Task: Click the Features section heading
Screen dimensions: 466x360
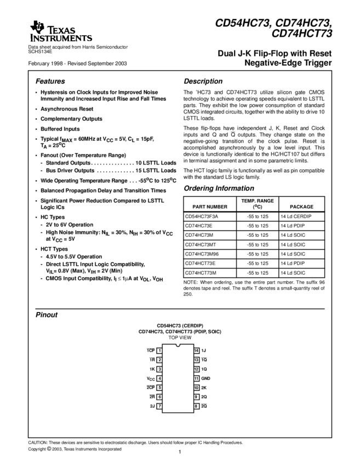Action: click(50, 81)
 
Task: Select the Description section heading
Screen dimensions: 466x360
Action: click(203, 81)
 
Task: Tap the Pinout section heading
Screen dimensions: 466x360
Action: click(47, 315)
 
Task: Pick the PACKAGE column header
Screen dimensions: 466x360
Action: click(301, 207)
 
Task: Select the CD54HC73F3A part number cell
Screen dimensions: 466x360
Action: click(203, 217)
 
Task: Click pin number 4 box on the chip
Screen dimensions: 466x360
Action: click(159, 378)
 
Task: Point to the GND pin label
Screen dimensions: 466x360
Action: click(205, 378)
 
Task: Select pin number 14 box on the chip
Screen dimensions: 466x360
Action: click(196, 350)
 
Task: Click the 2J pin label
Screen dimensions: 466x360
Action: click(151, 406)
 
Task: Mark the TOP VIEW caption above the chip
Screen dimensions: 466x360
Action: click(180, 338)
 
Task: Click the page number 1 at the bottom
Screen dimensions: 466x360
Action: click(180, 452)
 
